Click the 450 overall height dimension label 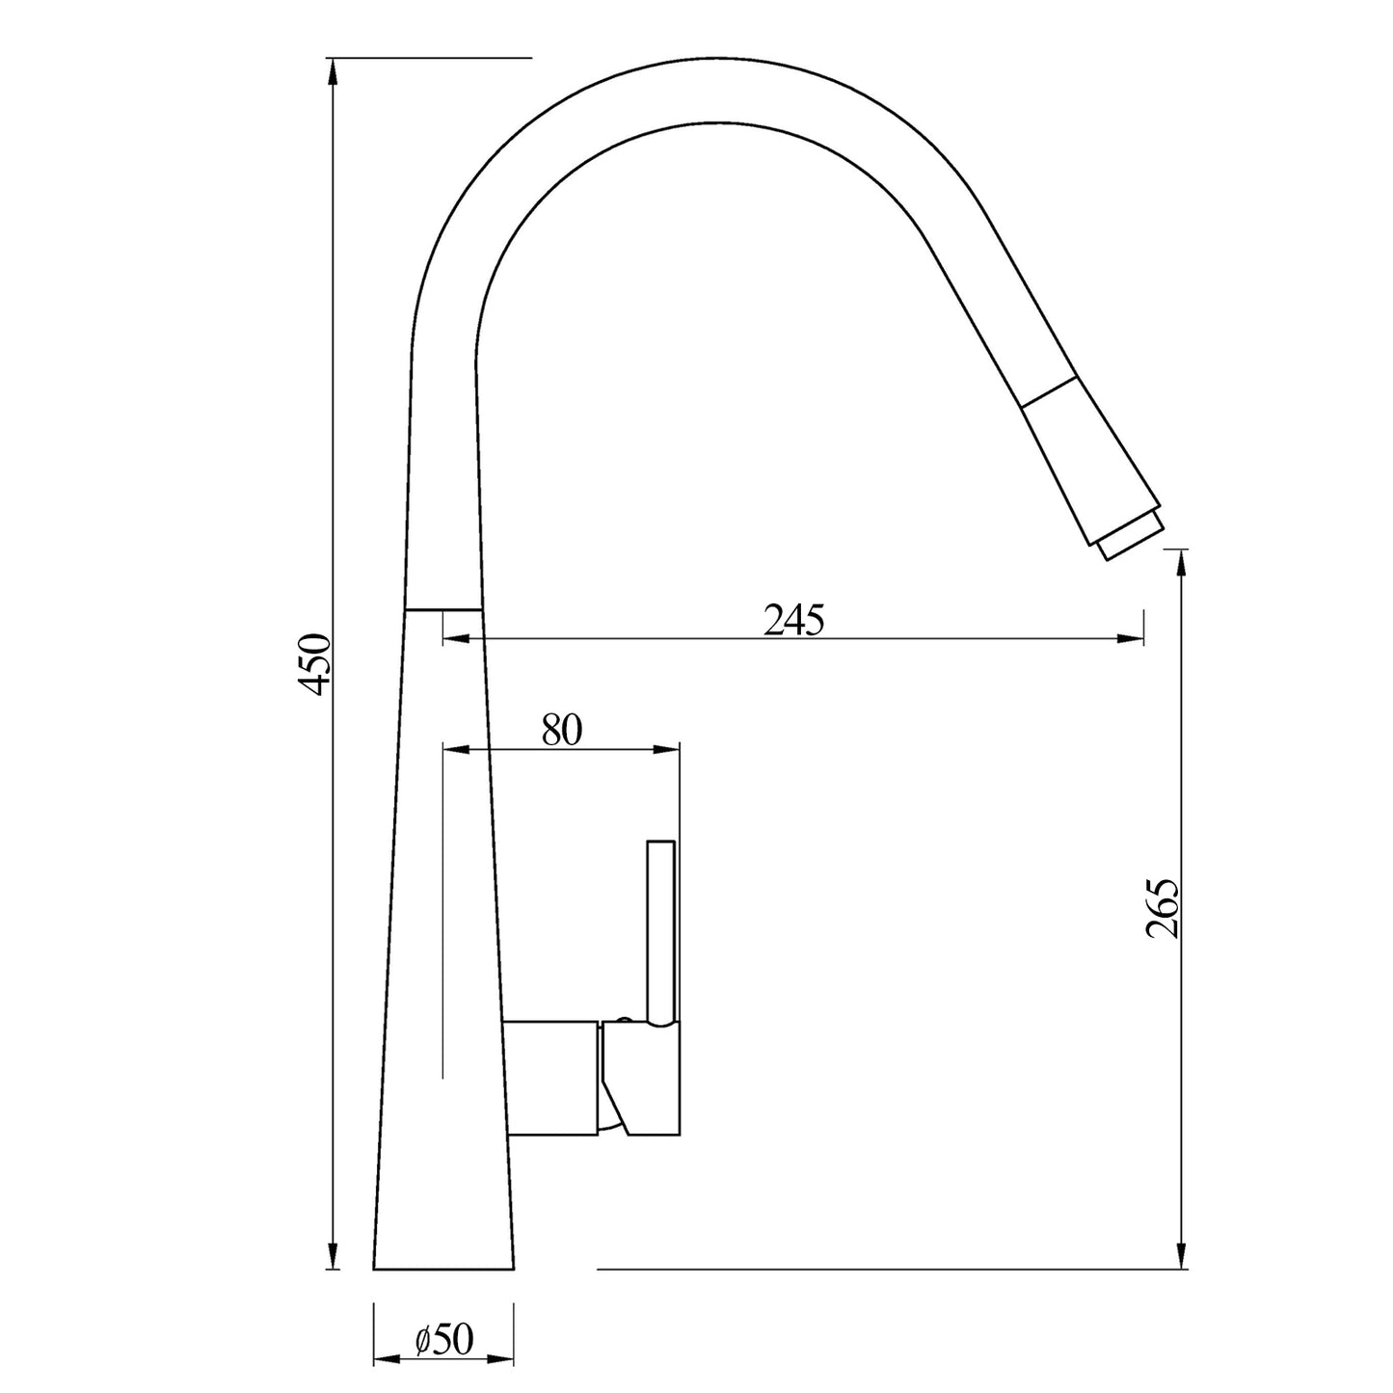point(314,663)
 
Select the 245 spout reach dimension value point(794,621)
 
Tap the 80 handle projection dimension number point(562,731)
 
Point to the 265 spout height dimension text point(1163,908)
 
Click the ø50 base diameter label point(444,1339)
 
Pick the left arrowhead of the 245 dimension point(457,638)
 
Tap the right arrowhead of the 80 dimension point(667,749)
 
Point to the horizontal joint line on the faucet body point(442,609)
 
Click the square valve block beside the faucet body point(551,1077)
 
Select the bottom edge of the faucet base point(443,1270)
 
